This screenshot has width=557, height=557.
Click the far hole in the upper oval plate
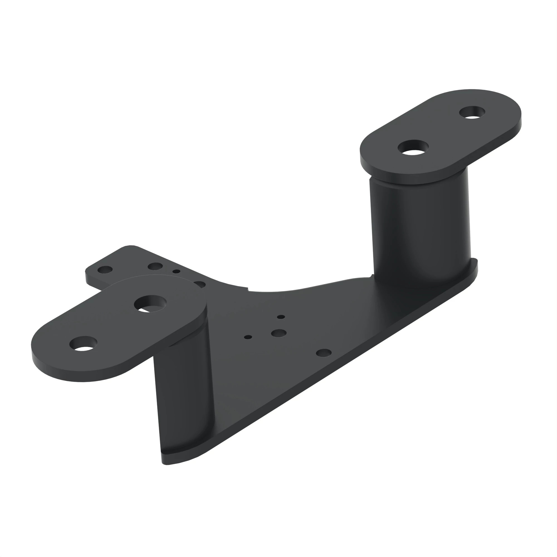tap(472, 112)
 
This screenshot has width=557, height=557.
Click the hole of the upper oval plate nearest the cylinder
tap(413, 148)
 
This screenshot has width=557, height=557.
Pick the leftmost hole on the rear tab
tap(105, 270)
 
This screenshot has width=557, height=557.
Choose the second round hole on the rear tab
tap(155, 266)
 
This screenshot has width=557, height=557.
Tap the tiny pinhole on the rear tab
tap(177, 271)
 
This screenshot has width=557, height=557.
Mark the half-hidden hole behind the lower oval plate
tap(200, 285)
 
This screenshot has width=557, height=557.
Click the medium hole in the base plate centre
tap(278, 334)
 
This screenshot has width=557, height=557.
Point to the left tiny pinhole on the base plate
tap(248, 337)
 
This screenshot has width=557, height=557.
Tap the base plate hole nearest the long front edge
tap(324, 353)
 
